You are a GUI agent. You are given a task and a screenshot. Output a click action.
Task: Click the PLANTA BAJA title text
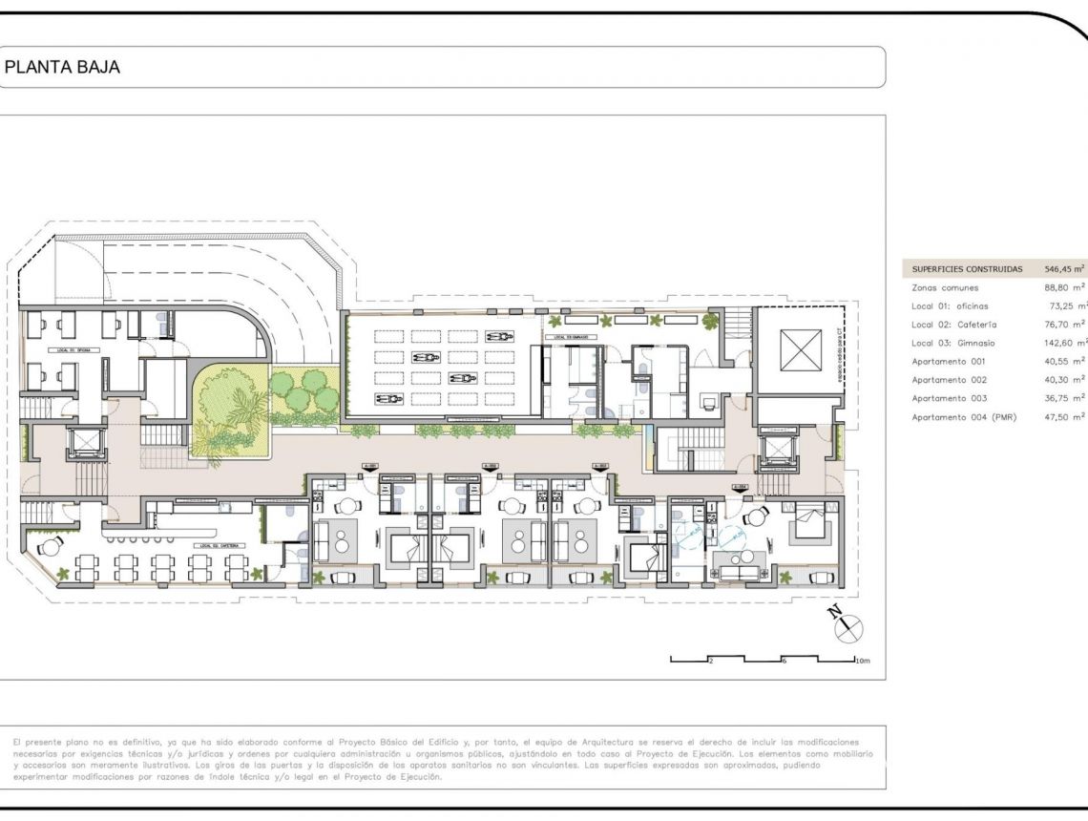click(63, 68)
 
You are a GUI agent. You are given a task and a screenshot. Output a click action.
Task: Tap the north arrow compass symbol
click(847, 626)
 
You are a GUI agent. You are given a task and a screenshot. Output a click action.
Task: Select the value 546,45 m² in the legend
click(1064, 269)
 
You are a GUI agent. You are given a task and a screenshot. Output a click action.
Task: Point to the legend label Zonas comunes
click(945, 287)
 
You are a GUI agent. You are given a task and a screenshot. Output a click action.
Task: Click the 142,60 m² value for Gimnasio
click(1066, 343)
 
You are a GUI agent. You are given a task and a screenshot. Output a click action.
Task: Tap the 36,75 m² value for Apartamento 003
click(1066, 398)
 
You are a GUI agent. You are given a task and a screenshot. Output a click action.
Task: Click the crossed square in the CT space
click(800, 349)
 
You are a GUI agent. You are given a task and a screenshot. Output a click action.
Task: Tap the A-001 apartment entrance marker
click(371, 466)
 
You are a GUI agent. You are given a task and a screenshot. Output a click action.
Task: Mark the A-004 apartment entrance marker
click(740, 487)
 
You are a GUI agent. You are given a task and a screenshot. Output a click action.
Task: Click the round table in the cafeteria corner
click(46, 547)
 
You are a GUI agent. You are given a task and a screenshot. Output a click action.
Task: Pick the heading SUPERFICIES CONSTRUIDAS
click(967, 269)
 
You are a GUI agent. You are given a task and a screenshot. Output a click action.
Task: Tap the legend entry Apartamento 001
click(948, 362)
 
